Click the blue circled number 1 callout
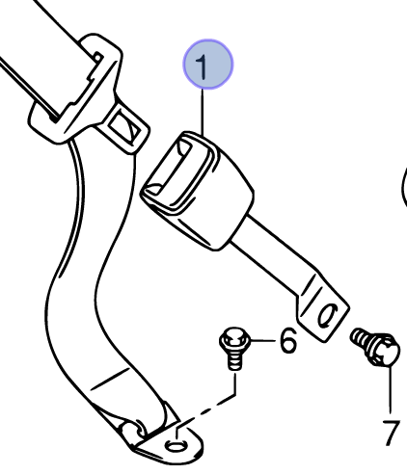[x=208, y=65]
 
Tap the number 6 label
[x=288, y=340]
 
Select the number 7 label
[x=391, y=433]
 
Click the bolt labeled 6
[x=234, y=349]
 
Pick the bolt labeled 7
[x=375, y=347]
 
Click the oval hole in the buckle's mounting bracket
[x=327, y=314]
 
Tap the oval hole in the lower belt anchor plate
[x=176, y=445]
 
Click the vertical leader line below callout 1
[x=203, y=113]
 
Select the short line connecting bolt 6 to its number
[x=263, y=340]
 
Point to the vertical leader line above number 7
[x=391, y=389]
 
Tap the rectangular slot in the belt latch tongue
[x=123, y=127]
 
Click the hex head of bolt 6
[x=234, y=340]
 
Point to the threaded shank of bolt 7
[x=360, y=337]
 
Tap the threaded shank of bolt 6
[x=235, y=361]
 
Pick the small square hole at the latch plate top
[x=98, y=58]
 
